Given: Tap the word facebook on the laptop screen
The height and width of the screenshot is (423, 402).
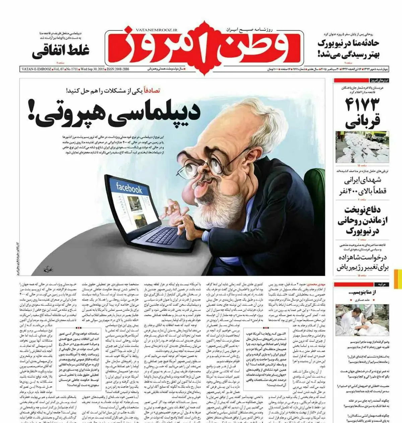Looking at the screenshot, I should (129, 189).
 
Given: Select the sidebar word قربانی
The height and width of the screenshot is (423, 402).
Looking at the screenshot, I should (362, 122).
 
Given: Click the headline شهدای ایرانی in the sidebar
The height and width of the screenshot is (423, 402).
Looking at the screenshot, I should (363, 180).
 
